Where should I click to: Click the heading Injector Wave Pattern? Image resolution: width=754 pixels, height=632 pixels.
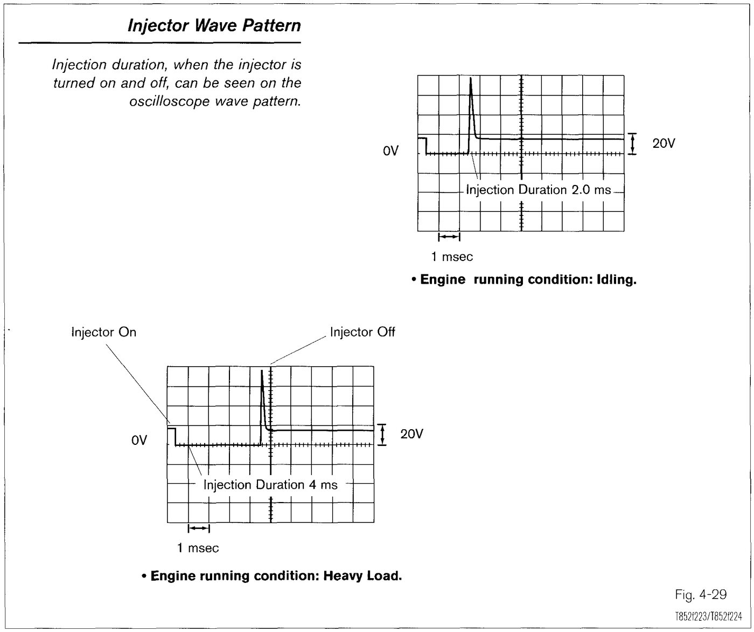[x=214, y=26]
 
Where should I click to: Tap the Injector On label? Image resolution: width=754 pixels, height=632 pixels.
[x=103, y=332]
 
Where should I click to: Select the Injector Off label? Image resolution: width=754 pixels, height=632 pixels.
[x=362, y=332]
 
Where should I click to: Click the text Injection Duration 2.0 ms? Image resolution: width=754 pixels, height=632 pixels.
[x=539, y=190]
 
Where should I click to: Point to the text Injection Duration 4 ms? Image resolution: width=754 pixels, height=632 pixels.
[x=270, y=484]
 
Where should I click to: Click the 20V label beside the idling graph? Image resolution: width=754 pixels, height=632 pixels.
[x=664, y=143]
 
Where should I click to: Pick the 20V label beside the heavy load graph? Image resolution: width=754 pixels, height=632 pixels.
[x=411, y=434]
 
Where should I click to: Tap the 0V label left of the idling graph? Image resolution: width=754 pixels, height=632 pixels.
[x=390, y=151]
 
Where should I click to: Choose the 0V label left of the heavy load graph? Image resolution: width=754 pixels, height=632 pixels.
[x=139, y=441]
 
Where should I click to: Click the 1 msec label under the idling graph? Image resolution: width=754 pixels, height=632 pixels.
[x=452, y=257]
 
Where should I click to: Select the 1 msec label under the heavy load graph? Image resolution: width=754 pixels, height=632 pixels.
[x=198, y=548]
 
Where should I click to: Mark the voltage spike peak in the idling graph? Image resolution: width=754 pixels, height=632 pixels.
[x=471, y=78]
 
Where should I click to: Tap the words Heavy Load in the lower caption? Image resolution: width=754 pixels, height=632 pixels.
[x=362, y=575]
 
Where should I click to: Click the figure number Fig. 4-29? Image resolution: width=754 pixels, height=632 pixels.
[x=701, y=594]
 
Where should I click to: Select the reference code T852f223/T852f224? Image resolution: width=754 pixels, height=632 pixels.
[x=709, y=617]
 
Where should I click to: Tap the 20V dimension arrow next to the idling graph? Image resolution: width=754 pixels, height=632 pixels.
[x=632, y=144]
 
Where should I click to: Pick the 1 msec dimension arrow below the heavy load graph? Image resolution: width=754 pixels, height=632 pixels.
[x=199, y=528]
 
